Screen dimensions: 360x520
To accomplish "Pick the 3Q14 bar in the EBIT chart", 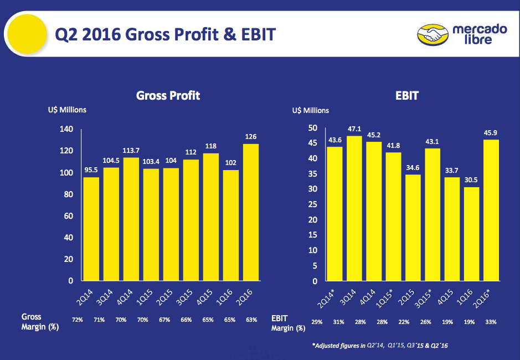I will pos(354,208).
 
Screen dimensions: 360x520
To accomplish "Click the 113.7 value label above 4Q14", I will pos(131,151).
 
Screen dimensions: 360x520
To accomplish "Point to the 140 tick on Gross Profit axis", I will pos(66,129).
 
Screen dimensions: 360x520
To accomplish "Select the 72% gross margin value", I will pos(78,320).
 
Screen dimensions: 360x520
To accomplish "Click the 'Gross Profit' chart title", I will pos(168,96).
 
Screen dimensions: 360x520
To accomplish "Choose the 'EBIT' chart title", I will pos(406,96).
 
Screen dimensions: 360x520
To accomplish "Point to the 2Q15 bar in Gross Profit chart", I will pos(171,224).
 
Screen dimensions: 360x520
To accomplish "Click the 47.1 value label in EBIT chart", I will pos(354,128).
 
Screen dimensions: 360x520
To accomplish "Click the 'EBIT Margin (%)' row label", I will pos(288,323).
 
